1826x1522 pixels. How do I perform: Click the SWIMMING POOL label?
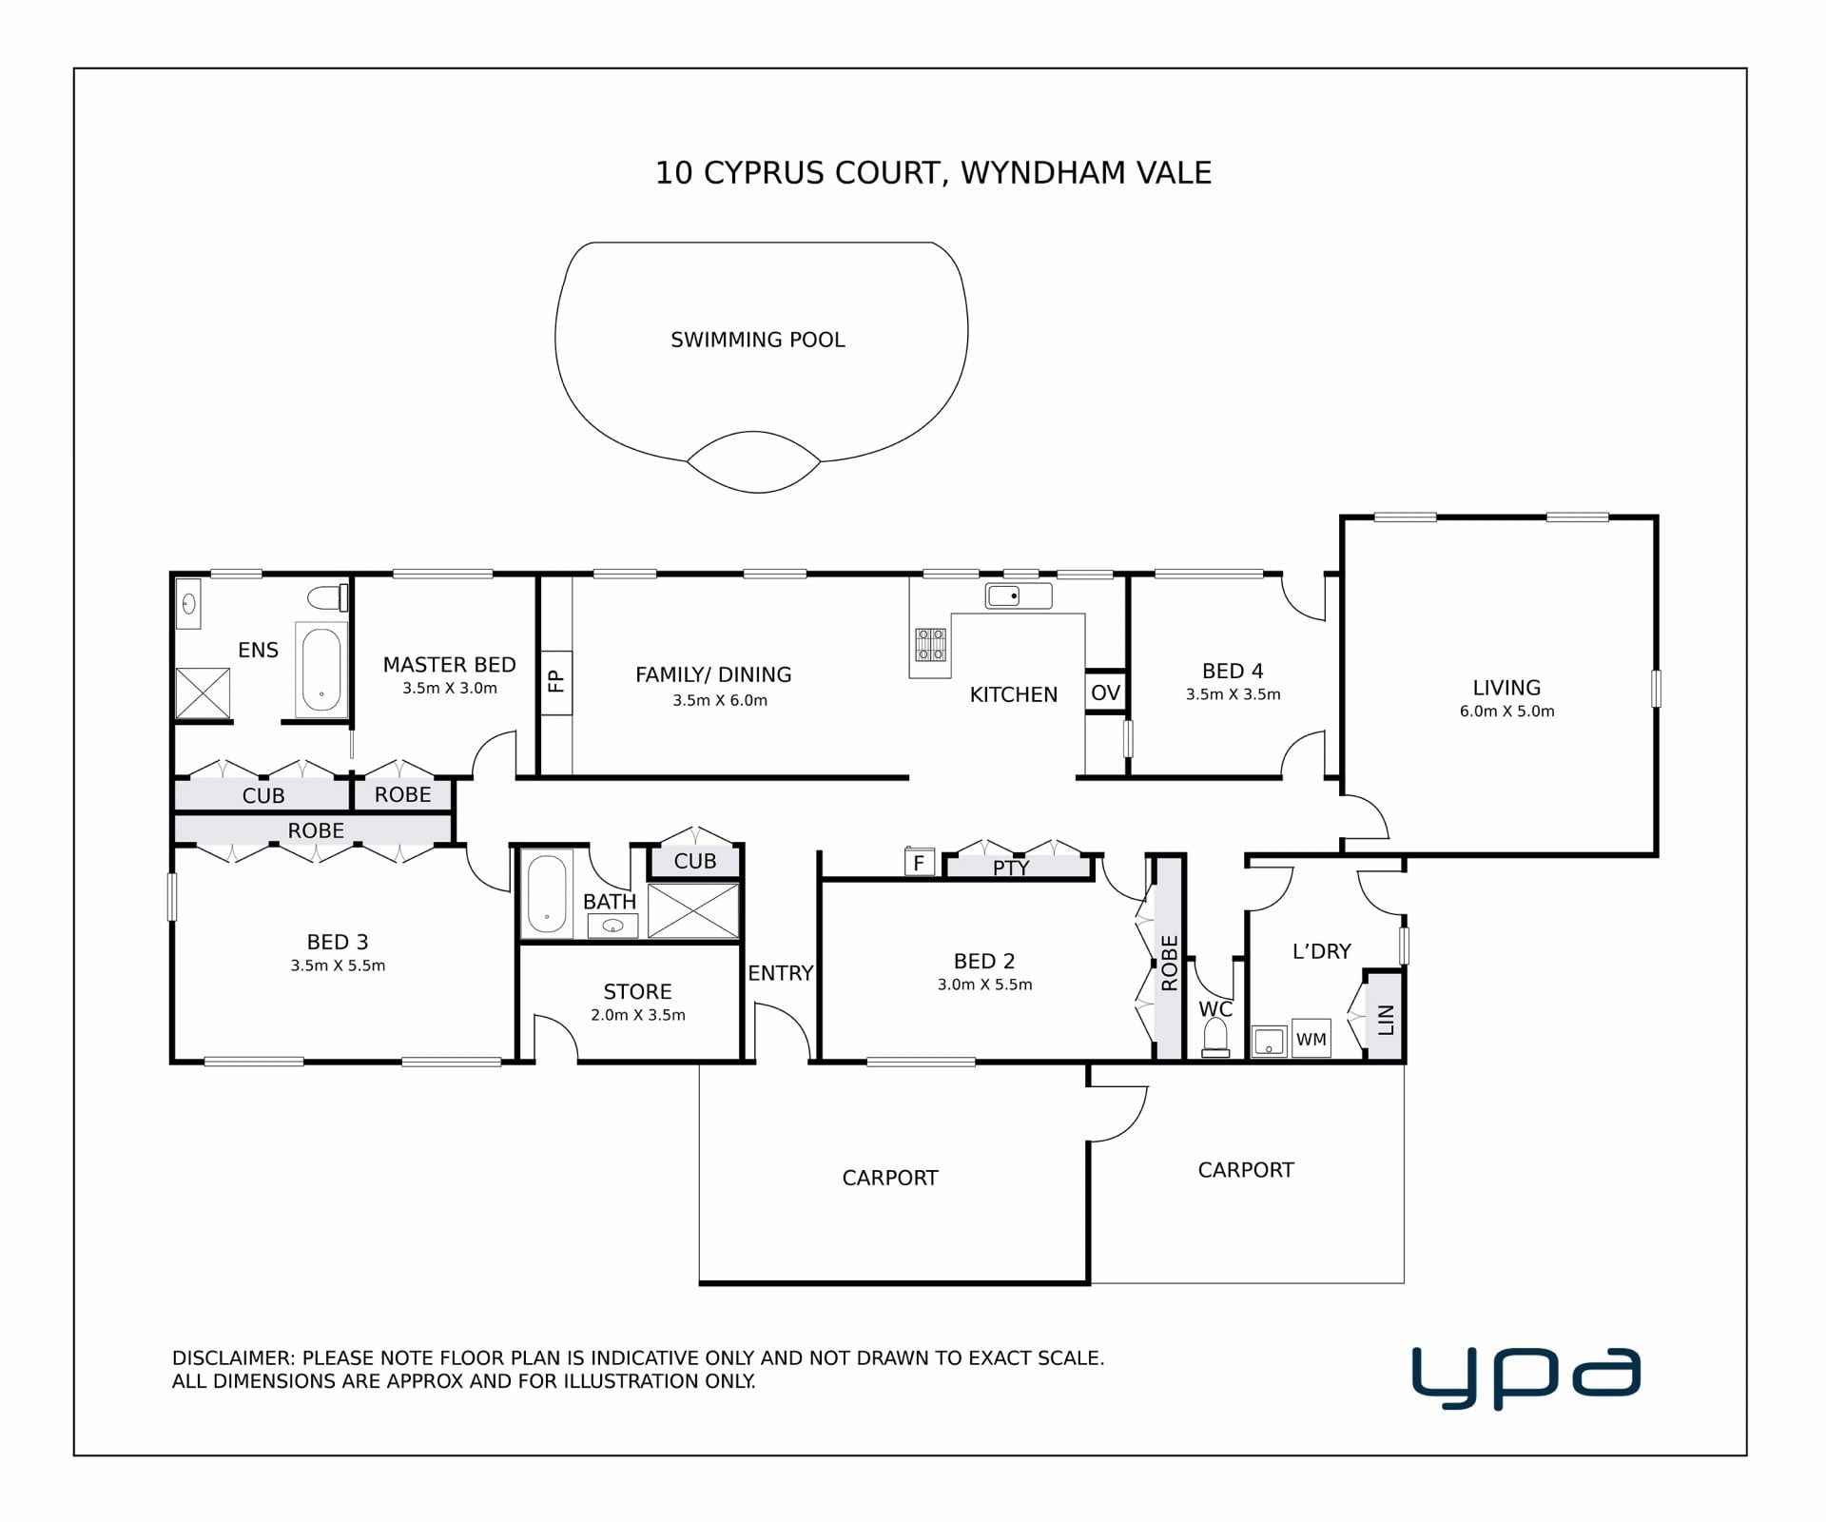758,340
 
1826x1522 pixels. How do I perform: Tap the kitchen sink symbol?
1019,596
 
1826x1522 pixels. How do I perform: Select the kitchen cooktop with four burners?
930,644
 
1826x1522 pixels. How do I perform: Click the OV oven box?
1106,692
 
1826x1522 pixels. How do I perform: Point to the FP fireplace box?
556,682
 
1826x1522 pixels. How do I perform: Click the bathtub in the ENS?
321,670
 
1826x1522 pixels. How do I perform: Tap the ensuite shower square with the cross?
204,693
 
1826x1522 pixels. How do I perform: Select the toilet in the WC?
1215,1038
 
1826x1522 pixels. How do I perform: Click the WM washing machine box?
1311,1039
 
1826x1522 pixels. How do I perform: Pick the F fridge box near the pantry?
920,862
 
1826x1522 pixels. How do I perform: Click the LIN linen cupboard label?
1386,1020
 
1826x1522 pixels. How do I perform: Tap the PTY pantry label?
1010,868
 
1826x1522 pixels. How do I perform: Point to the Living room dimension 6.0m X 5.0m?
1507,711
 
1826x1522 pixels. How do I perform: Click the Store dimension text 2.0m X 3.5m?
638,1015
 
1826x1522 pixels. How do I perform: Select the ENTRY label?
781,973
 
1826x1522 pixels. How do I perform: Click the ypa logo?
1526,1376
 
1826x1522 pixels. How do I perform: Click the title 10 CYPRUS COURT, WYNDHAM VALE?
933,172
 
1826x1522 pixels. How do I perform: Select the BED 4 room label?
1233,671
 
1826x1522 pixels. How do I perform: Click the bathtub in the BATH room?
547,893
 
